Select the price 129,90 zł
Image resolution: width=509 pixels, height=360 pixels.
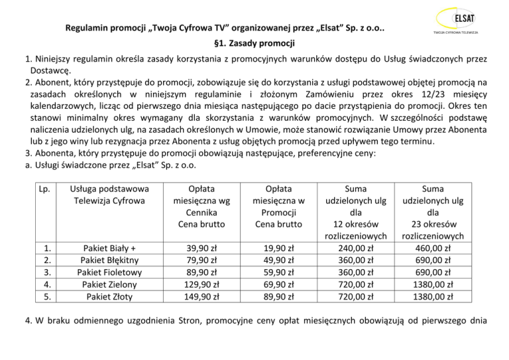[201, 284]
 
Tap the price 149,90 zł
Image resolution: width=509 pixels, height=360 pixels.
[201, 296]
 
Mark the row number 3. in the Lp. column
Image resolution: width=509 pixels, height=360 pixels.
[46, 272]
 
